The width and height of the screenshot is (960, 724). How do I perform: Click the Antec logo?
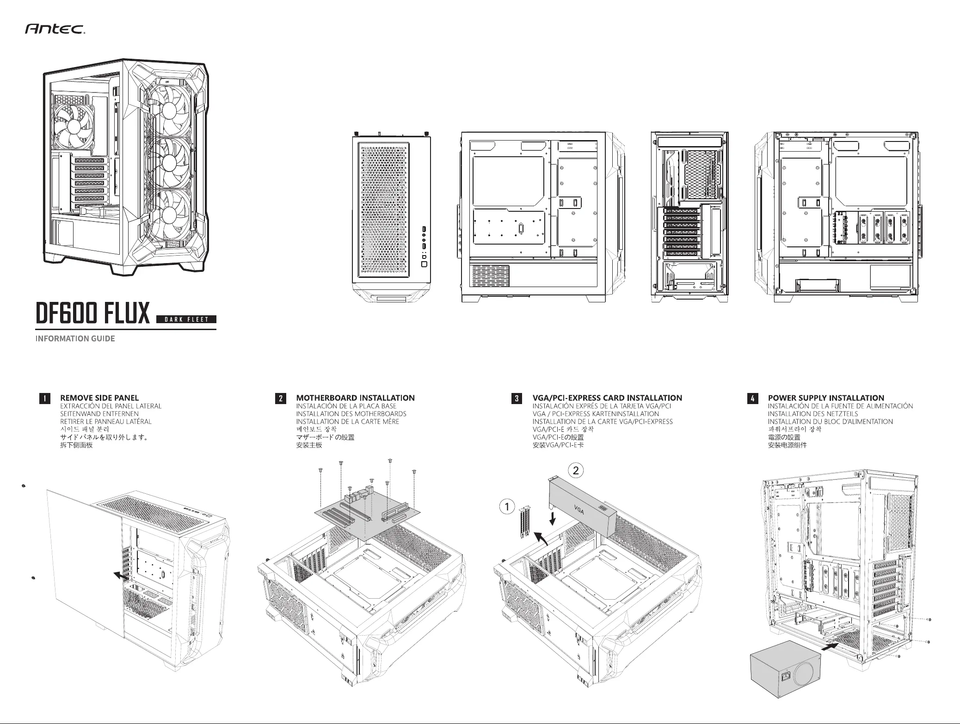coord(54,31)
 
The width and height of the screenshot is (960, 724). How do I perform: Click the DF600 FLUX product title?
coord(93,313)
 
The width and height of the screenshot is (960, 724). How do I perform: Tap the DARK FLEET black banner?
coord(186,319)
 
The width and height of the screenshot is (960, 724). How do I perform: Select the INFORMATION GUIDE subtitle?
coord(75,338)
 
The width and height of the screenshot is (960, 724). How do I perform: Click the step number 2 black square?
coord(280,398)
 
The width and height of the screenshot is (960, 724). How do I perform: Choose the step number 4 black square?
coord(752,398)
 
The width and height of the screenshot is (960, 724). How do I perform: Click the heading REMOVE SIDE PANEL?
coord(99,398)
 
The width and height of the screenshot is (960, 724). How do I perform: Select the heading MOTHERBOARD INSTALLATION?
coord(355,398)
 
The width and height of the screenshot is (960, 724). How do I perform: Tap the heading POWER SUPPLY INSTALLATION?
coord(826,398)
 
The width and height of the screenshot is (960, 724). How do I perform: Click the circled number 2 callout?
coord(576,471)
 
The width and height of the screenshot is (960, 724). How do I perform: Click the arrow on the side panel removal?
coord(121,575)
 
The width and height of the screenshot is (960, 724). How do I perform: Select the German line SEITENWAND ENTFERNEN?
coord(99,414)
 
